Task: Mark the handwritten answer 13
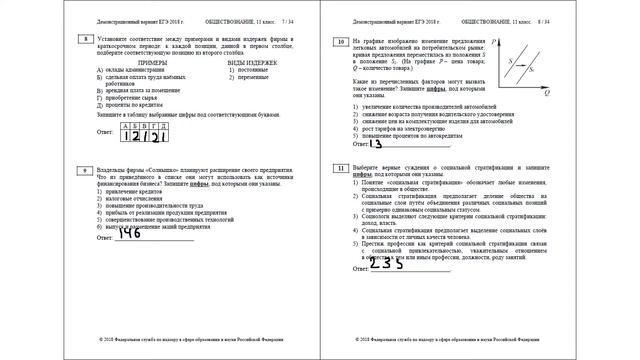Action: pyautogui.click(x=389, y=144)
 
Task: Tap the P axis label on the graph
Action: pyautogui.click(x=495, y=39)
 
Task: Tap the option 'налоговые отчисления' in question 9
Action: pyautogui.click(x=147, y=198)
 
